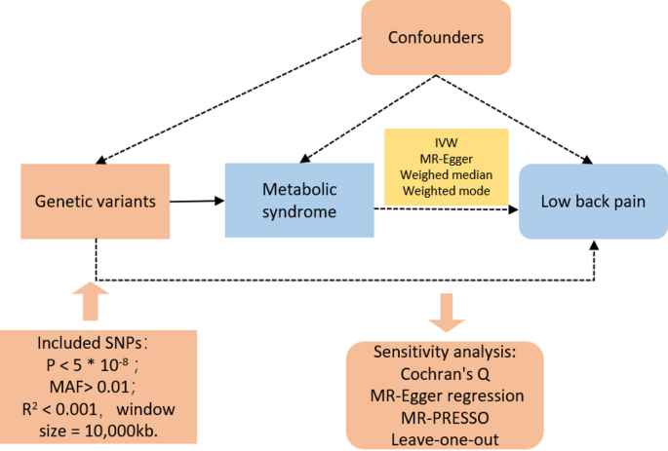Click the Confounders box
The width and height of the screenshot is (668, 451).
tap(436, 39)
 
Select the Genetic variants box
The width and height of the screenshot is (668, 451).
tap(95, 202)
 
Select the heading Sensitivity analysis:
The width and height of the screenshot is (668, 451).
tap(445, 352)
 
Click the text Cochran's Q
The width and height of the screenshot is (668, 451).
tap(445, 373)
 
